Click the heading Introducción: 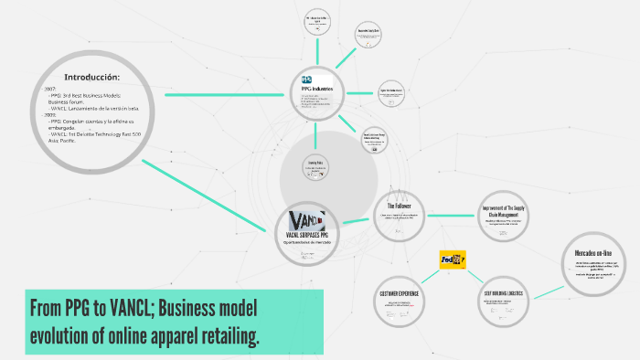91,76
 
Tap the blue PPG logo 306,79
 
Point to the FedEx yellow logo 453,259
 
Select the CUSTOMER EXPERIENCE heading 399,292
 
